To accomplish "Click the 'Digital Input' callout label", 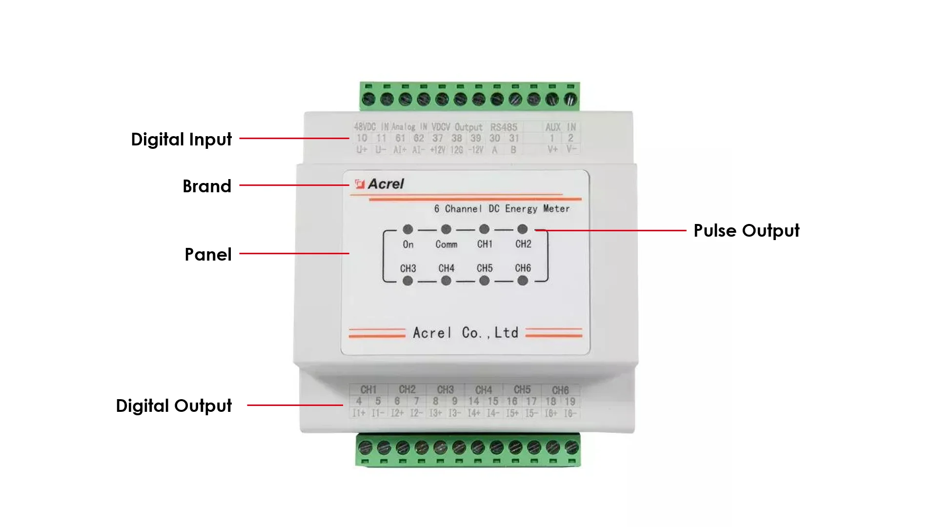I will pos(181,140).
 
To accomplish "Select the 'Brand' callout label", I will pos(207,186).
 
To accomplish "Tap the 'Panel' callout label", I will pos(208,254).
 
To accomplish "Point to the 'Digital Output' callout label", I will pos(174,405).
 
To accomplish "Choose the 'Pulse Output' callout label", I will pos(746,231).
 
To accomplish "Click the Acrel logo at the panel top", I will pos(380,184).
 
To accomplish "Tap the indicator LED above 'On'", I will pos(408,229).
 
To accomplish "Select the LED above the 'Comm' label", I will pos(446,229).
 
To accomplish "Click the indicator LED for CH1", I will pos(484,229).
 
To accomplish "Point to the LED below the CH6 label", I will pos(523,281).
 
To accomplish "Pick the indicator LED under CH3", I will pos(408,281).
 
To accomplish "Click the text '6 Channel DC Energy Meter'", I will pos(502,209).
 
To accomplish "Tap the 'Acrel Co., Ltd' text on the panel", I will pos(466,333).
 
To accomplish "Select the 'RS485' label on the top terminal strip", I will pos(504,127).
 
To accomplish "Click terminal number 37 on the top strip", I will pos(438,138).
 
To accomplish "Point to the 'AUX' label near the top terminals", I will pos(553,127).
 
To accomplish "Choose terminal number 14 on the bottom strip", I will pos(474,401).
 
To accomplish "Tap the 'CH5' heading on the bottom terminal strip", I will pos(522,389).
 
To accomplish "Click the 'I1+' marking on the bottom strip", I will pos(359,413).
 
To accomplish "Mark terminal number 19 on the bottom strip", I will pos(570,401).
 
